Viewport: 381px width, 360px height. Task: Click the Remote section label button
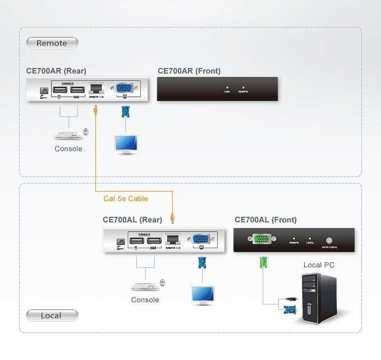coord(52,43)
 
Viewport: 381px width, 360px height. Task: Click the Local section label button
coord(52,316)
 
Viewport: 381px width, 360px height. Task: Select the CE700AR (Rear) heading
coord(56,71)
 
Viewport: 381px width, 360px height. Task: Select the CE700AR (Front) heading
coord(189,71)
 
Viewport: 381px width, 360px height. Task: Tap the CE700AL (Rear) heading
coord(132,220)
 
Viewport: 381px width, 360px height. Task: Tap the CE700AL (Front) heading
coord(265,220)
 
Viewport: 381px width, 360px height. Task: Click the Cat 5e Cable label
coord(126,199)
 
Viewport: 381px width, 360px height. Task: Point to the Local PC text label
coord(319,265)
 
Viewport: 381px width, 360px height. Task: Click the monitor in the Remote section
coord(126,144)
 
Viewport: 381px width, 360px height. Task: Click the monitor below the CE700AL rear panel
coord(203,294)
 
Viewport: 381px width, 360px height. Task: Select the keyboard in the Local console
coord(144,286)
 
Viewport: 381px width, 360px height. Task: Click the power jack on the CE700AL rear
coord(120,241)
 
